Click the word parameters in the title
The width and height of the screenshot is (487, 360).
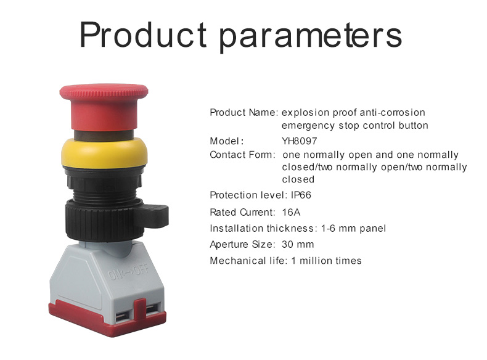coord(311,36)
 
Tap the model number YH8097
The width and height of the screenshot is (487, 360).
coord(300,141)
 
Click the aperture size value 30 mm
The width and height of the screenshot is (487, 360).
coord(298,244)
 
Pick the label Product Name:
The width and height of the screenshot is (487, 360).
coord(244,113)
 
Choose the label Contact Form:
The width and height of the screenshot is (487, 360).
coord(243,155)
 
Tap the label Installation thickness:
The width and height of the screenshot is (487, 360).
coord(264,228)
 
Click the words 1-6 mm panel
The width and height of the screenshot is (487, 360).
coord(354,228)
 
